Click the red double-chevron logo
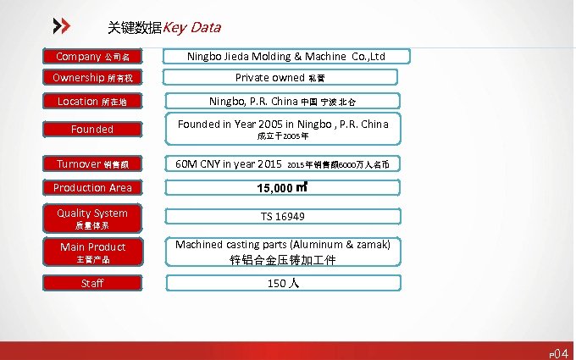click(x=61, y=25)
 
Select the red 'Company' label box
click(x=92, y=57)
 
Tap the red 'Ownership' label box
click(x=92, y=78)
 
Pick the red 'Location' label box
click(x=92, y=102)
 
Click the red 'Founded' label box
click(x=92, y=130)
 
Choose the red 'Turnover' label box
click(x=92, y=163)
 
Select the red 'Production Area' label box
click(x=92, y=187)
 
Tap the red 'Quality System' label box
click(x=92, y=219)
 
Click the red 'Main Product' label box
click(x=92, y=252)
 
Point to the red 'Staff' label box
click(x=92, y=283)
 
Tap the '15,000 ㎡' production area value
click(x=283, y=187)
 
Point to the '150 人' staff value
click(x=283, y=284)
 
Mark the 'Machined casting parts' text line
click(x=283, y=245)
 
